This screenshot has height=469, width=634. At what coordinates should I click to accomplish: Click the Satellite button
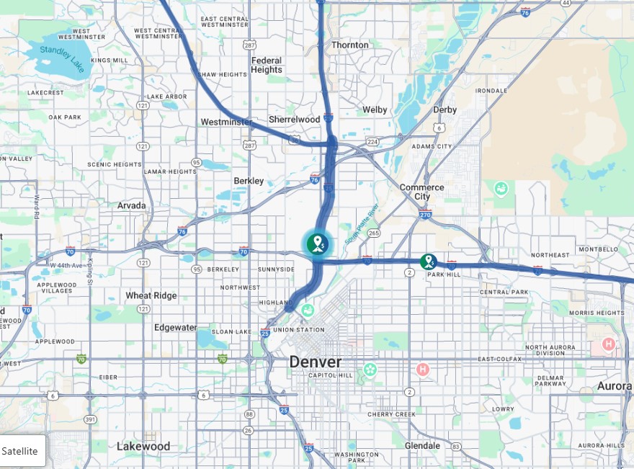pos(20,451)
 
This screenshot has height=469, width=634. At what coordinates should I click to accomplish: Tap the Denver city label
pos(316,362)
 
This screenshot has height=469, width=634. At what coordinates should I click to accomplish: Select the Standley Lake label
pos(62,58)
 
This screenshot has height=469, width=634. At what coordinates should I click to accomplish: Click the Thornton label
pos(349,45)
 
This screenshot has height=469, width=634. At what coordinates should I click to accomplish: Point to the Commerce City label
pos(421,192)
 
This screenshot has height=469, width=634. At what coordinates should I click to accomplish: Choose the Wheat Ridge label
pos(151,295)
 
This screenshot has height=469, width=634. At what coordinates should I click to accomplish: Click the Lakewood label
pos(143,446)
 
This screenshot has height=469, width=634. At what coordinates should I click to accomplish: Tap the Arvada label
pos(132,205)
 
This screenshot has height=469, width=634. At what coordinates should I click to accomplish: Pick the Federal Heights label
pos(267,65)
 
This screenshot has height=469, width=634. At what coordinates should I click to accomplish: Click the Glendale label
pos(422,446)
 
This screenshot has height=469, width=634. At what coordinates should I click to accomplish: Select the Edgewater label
pos(175,327)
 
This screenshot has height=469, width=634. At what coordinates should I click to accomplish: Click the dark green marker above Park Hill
pos(429,261)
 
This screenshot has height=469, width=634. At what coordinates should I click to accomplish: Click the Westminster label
pos(226,122)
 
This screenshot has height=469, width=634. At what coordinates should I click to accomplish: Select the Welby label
pos(375,110)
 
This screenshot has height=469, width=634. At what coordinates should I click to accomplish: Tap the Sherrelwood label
pos(294,119)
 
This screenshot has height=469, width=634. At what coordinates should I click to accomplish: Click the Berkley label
pos(249,181)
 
